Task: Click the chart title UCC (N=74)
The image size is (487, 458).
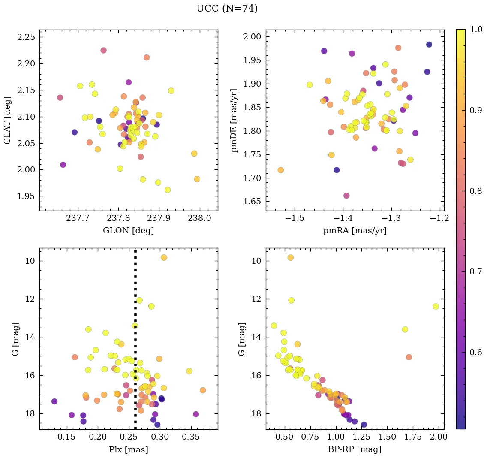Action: (227, 9)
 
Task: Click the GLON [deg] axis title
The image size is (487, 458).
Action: (128, 231)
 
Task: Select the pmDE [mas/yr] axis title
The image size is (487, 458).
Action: (234, 120)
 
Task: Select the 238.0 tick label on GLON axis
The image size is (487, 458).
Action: (199, 219)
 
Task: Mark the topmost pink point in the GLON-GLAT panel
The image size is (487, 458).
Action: (103, 50)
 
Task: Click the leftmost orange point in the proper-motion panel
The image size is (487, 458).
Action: (280, 170)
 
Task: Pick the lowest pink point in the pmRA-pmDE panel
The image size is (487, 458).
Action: (346, 196)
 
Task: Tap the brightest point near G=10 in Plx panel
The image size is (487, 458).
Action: (164, 257)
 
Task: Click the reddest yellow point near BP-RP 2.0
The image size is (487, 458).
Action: (436, 306)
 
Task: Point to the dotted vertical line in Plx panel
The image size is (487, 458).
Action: (135, 343)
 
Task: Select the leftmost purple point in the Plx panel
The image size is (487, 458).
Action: (54, 401)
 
